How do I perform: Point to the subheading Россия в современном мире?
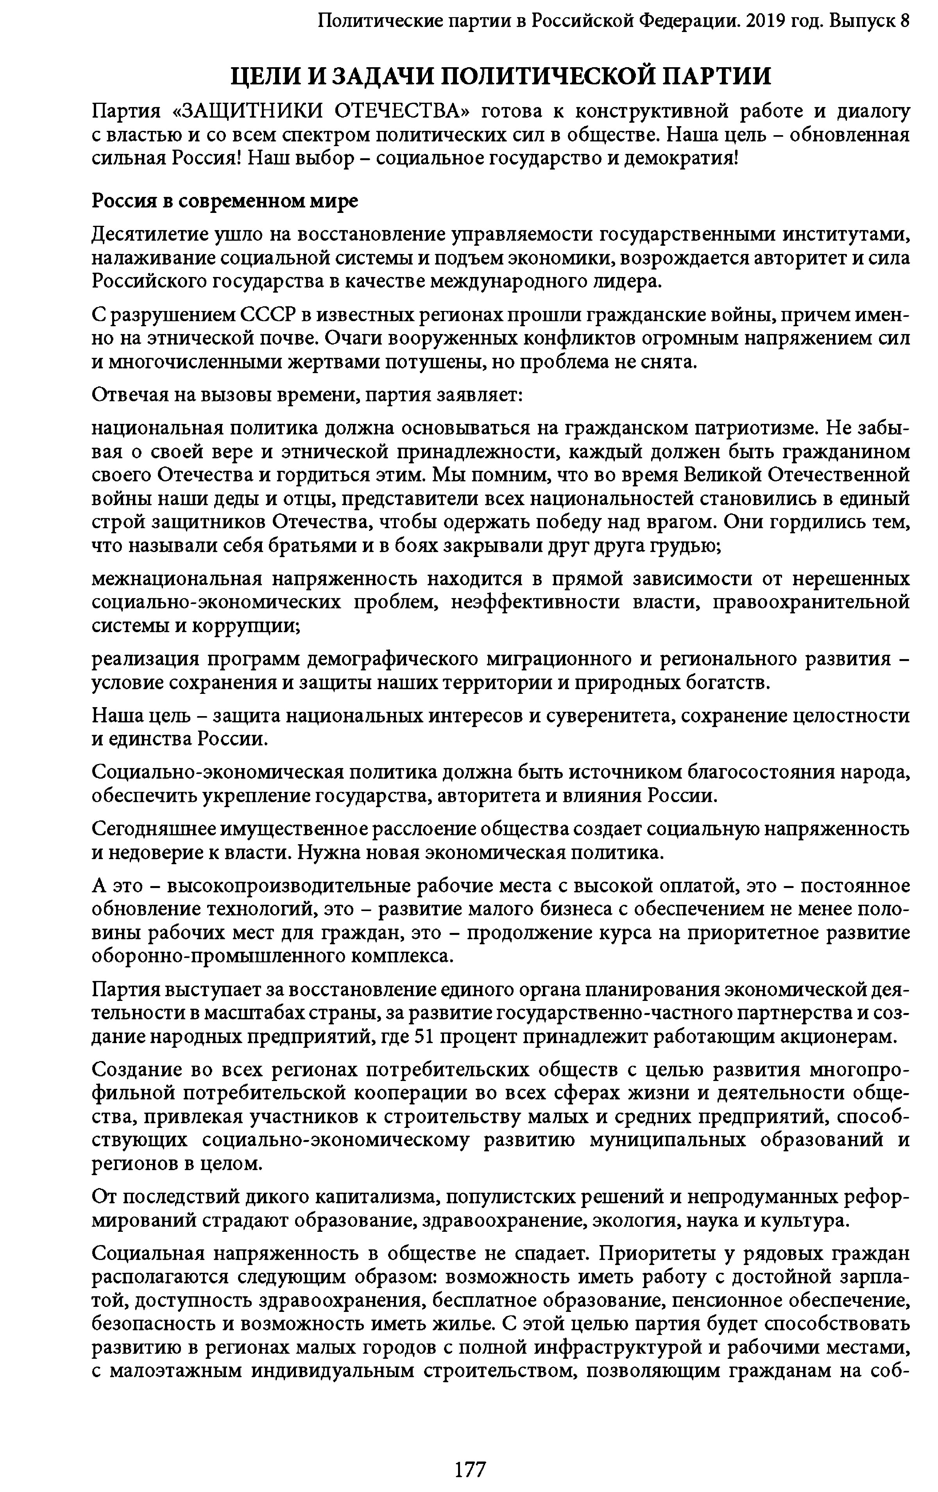[224, 201]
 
